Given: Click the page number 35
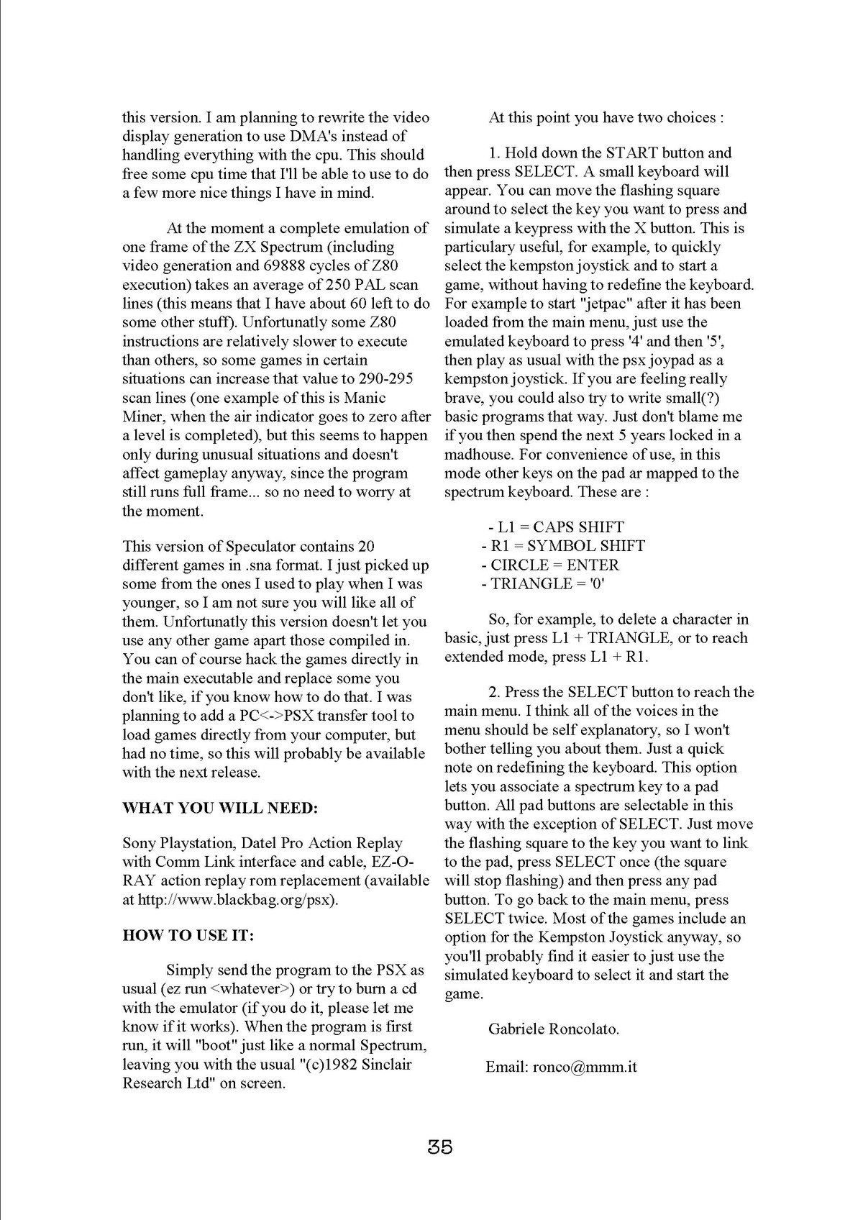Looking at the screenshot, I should [439, 1147].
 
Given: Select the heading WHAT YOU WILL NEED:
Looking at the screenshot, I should [220, 808].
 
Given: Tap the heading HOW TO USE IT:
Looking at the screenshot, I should [188, 935].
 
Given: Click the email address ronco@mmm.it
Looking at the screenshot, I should [585, 1067].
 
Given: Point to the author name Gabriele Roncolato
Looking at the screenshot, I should [553, 1029].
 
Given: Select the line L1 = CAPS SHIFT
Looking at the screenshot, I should [555, 527].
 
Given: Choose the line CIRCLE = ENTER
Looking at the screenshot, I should [550, 565].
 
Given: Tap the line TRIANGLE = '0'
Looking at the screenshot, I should [543, 583].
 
